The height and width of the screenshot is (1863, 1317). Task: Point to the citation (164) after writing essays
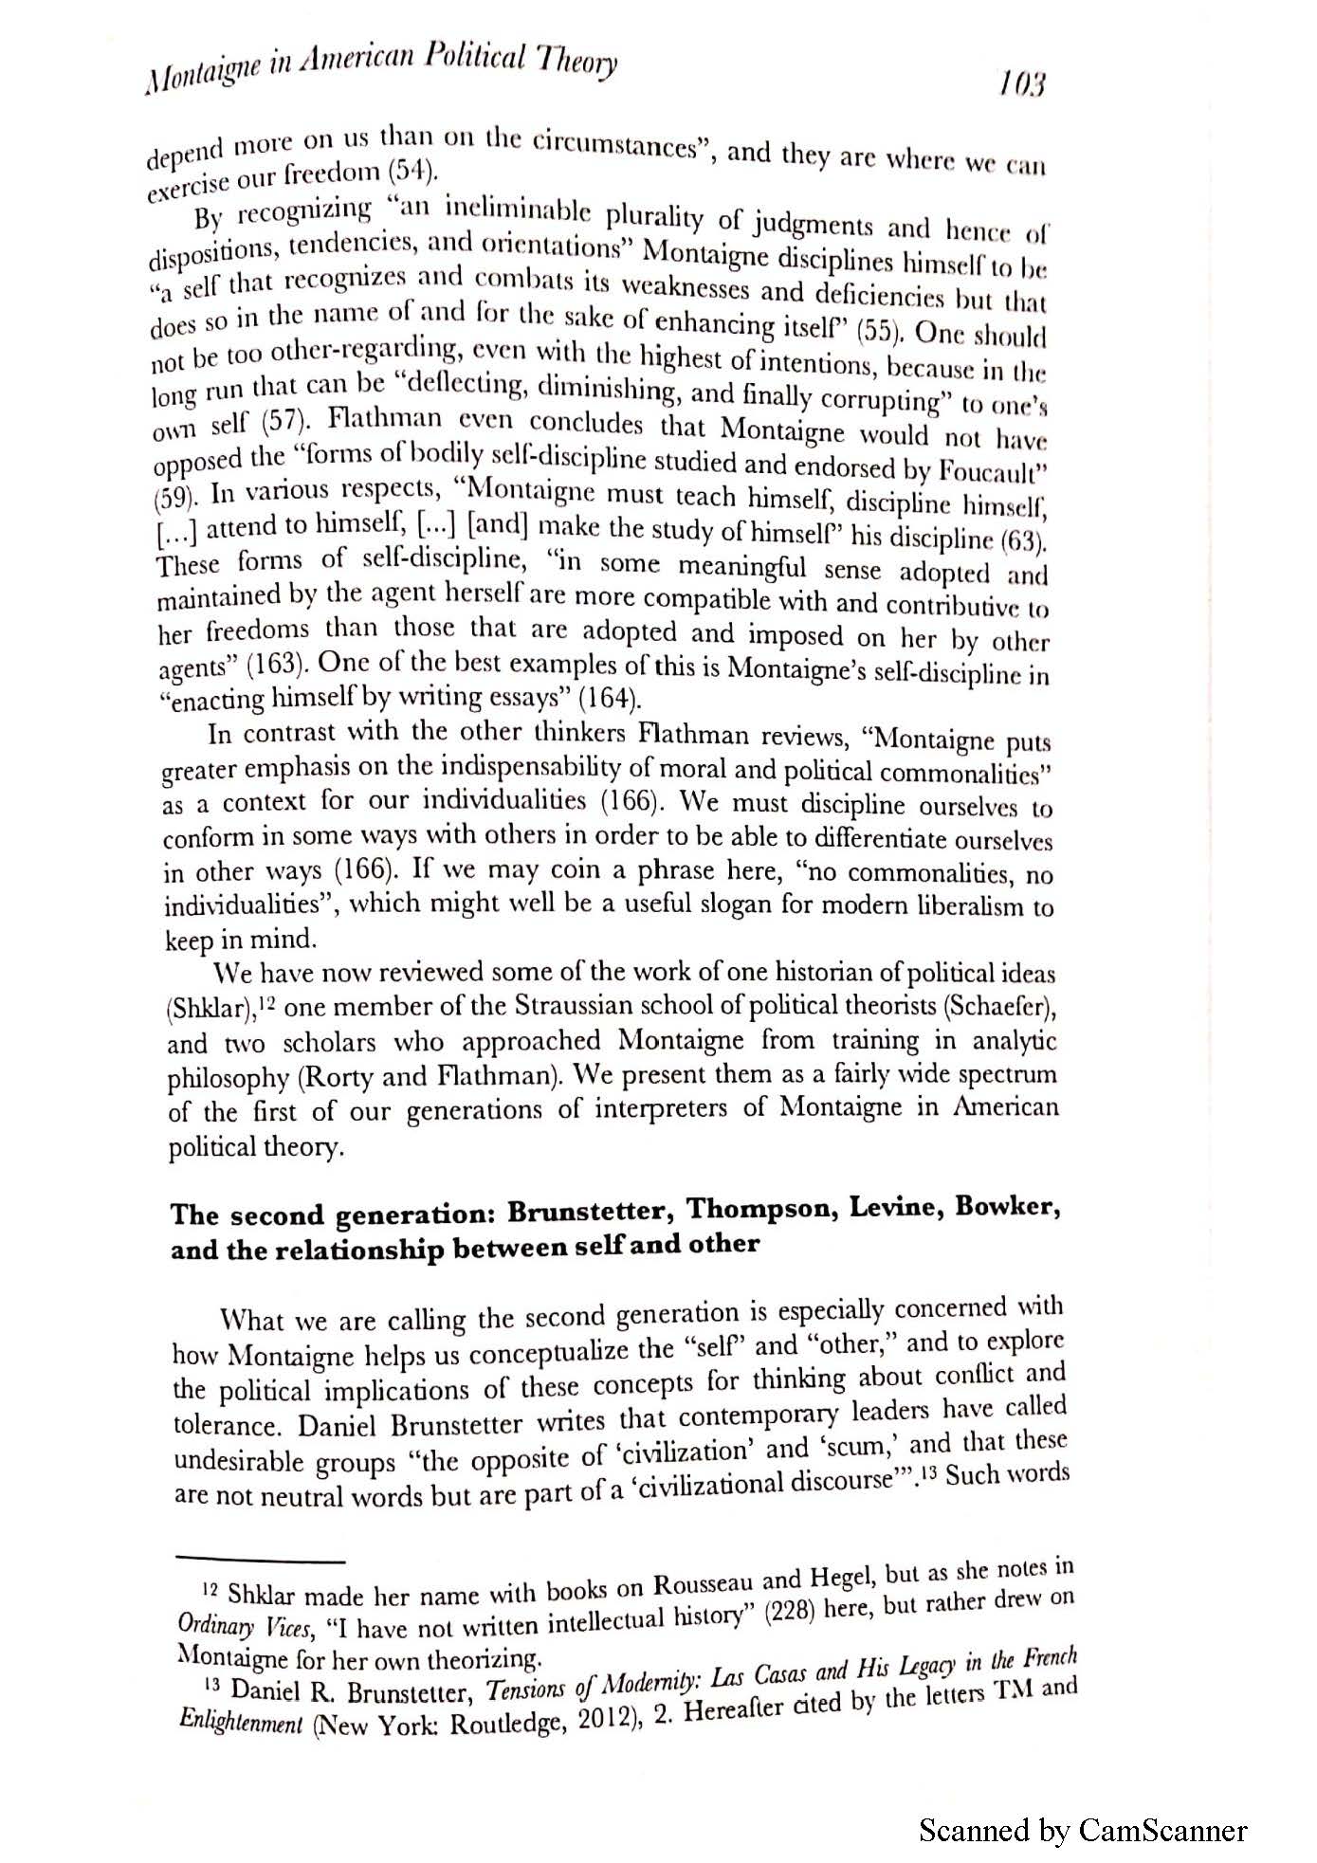(610, 700)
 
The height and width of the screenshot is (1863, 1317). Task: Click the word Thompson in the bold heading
(760, 1210)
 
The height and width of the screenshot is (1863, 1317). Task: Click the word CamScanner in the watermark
(1162, 1831)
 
